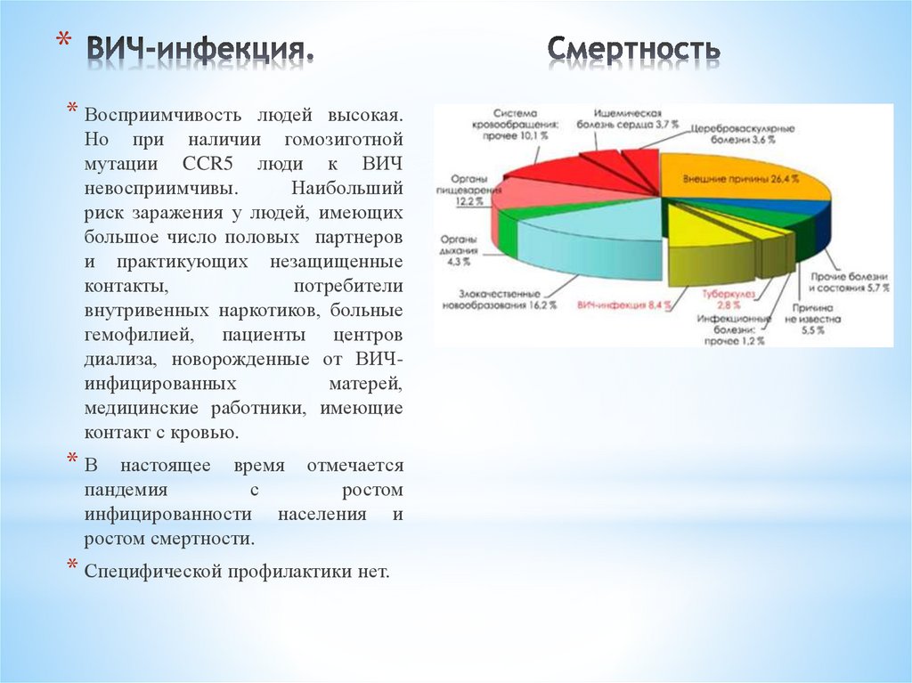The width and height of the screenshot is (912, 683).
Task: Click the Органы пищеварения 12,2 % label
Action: tap(461, 190)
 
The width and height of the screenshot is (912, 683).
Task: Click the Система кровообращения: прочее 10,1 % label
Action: tap(520, 122)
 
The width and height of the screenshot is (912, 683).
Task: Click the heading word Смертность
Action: tap(633, 50)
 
